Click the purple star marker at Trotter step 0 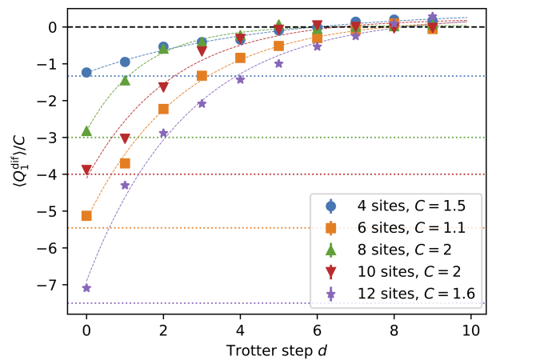click(x=86, y=288)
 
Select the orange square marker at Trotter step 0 click(x=86, y=216)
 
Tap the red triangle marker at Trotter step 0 click(x=86, y=170)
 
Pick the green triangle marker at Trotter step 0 click(x=86, y=130)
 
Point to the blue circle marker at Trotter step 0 click(x=86, y=73)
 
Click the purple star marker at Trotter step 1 click(x=125, y=185)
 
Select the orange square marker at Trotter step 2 click(x=163, y=109)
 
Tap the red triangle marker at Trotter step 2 click(x=163, y=87)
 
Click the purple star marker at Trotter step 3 click(x=202, y=103)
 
